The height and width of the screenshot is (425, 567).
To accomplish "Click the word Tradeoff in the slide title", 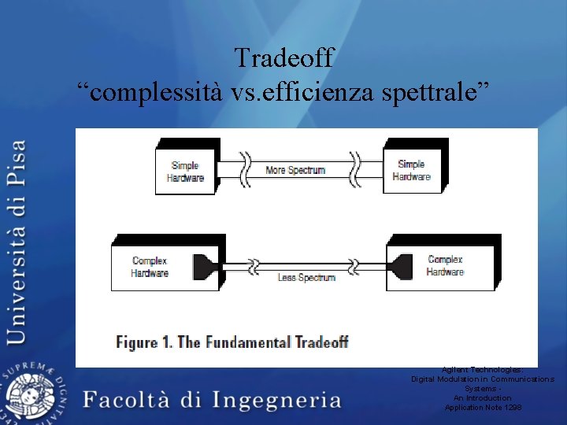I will (284, 57).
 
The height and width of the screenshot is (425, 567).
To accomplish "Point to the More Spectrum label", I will (295, 170).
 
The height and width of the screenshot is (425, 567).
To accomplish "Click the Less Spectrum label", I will (306, 277).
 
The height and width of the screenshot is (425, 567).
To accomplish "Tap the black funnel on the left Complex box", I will (204, 265).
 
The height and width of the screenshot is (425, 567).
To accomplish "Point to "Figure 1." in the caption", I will (145, 342).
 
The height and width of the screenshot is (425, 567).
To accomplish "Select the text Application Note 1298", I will (483, 408).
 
